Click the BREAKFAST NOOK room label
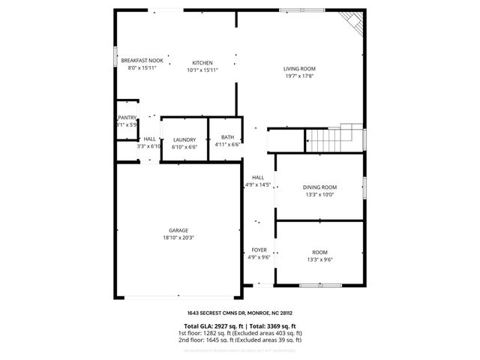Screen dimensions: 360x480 pos(142,60)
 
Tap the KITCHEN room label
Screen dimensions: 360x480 pos(202,63)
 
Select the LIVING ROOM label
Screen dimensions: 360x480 pos(298,69)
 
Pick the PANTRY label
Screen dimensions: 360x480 pos(127,118)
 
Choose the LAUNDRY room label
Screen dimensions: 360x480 pos(184,139)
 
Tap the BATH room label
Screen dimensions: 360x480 pos(227,137)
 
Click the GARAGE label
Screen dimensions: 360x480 pos(178,230)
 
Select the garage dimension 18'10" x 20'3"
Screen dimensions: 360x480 pos(178,238)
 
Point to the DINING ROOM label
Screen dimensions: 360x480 pos(319,187)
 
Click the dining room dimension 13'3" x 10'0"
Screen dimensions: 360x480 pos(319,195)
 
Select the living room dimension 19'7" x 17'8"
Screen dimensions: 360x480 pos(298,76)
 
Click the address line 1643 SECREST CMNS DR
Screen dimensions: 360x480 pos(239,313)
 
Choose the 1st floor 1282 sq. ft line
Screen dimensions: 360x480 pos(239,332)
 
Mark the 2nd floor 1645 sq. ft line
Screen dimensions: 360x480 pos(239,340)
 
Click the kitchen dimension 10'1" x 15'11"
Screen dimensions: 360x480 pos(202,70)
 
